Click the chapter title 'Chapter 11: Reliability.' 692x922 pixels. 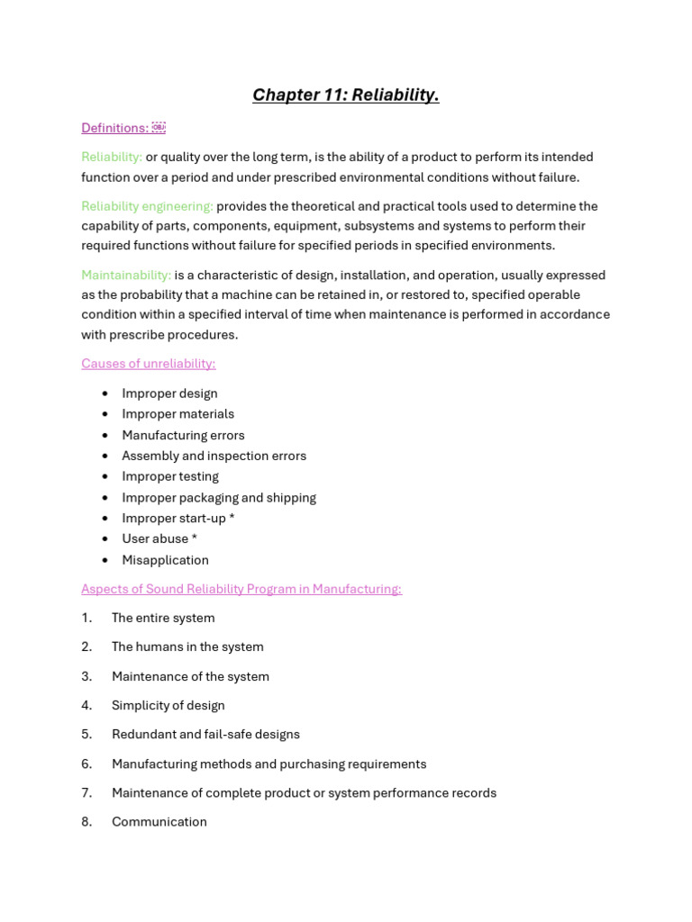[x=345, y=95]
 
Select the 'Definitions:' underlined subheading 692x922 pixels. [x=114, y=128]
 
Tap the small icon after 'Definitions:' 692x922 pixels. [x=159, y=128]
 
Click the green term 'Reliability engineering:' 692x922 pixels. [x=147, y=206]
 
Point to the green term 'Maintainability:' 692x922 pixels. [x=126, y=275]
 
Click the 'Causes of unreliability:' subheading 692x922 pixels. [x=148, y=364]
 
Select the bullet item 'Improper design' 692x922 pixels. [x=169, y=393]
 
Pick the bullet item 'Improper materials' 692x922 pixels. [x=178, y=414]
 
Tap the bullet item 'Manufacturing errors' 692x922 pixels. [x=183, y=435]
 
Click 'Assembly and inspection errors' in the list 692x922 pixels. [x=214, y=456]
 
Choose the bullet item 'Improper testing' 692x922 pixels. [x=170, y=476]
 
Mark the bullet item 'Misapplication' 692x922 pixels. [x=165, y=560]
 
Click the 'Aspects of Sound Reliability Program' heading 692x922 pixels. [x=241, y=589]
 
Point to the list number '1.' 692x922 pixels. [x=86, y=618]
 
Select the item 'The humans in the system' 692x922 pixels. [x=187, y=646]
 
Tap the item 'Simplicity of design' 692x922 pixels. [x=168, y=705]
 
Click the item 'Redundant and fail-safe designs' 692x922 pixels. [x=205, y=734]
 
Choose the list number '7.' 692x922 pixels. [x=86, y=792]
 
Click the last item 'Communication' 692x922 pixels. [x=159, y=821]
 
